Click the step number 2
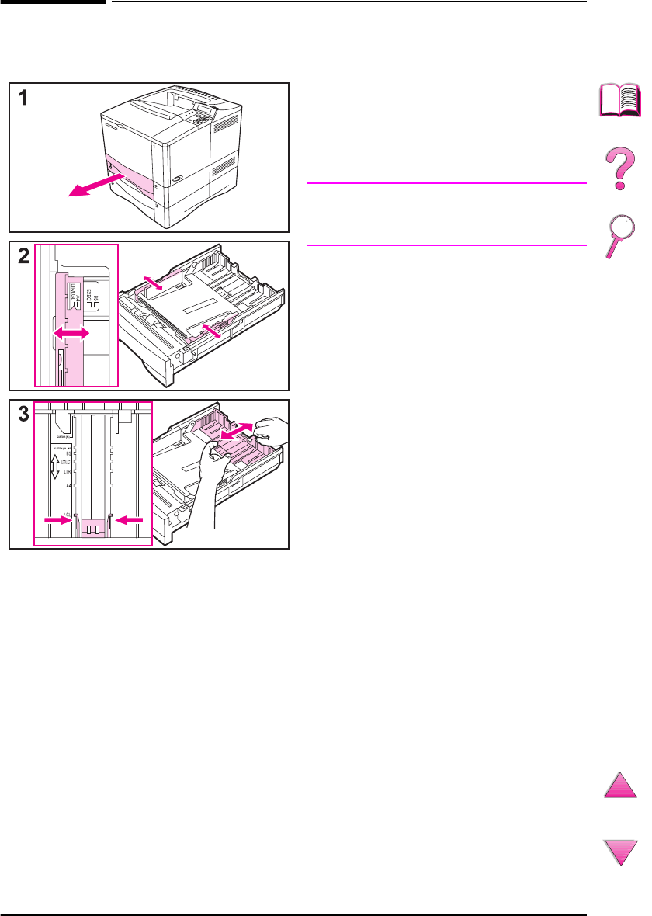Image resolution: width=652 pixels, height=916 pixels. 24,256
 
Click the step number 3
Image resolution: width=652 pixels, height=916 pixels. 24,415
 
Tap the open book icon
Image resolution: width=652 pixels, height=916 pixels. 619,102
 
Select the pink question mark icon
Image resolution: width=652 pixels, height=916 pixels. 619,170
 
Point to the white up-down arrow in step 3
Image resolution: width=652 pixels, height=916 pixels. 54,467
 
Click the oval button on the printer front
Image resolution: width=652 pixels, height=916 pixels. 179,178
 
